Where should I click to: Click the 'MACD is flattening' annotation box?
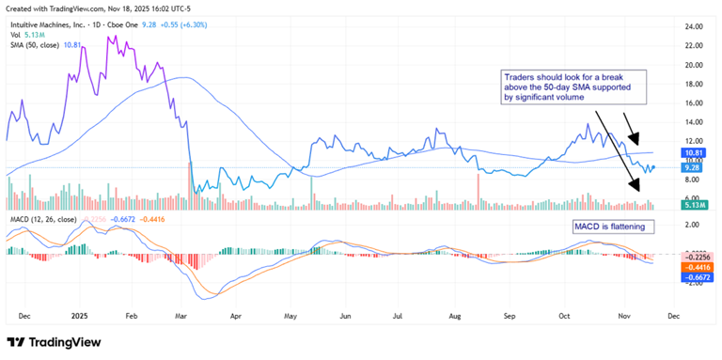(611, 227)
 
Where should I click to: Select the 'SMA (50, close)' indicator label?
(33, 44)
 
